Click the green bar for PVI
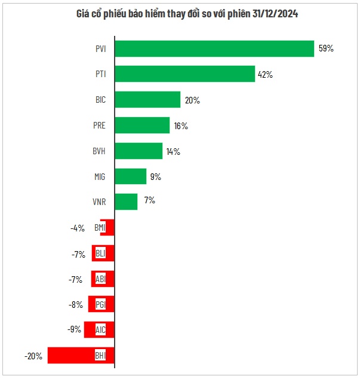click(x=214, y=48)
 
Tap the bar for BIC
click(x=147, y=100)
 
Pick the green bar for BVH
click(x=138, y=151)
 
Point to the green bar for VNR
click(x=125, y=201)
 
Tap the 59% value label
click(x=325, y=49)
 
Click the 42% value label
click(x=266, y=75)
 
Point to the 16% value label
click(x=181, y=126)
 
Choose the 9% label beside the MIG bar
click(x=156, y=177)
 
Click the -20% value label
click(x=33, y=356)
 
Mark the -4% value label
click(x=78, y=228)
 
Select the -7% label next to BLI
click(x=78, y=253)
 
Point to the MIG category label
click(x=100, y=177)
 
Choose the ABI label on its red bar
click(x=100, y=279)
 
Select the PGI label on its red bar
click(x=100, y=305)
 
